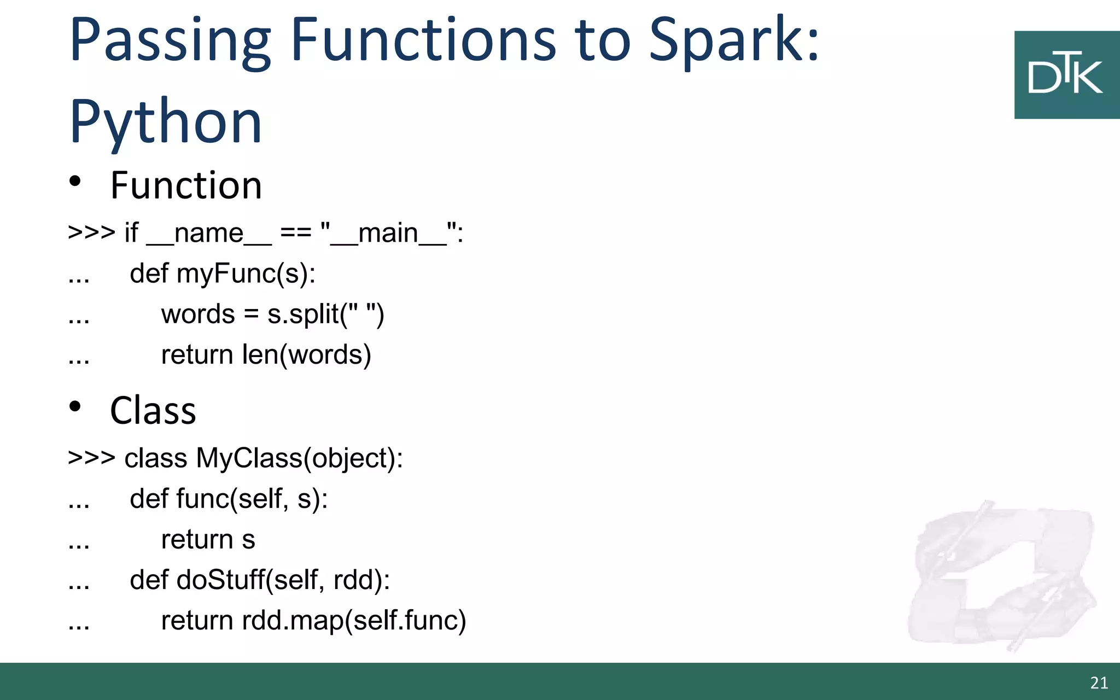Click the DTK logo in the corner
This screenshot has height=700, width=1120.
point(1066,75)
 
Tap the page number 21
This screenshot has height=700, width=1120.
point(1099,682)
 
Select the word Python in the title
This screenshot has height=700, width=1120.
point(166,121)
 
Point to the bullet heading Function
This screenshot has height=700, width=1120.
point(186,185)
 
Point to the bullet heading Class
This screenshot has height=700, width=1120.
point(153,411)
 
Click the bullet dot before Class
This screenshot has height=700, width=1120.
point(75,407)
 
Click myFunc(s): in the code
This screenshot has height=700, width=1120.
point(246,273)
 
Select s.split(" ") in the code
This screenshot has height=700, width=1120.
point(325,314)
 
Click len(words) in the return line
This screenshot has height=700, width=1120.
point(306,355)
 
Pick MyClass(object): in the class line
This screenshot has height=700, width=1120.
point(299,458)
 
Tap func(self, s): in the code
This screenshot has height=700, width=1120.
point(252,499)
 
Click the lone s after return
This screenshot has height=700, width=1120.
point(248,540)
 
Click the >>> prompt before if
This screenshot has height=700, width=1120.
point(91,233)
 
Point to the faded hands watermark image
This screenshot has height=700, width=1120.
point(1001,574)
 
